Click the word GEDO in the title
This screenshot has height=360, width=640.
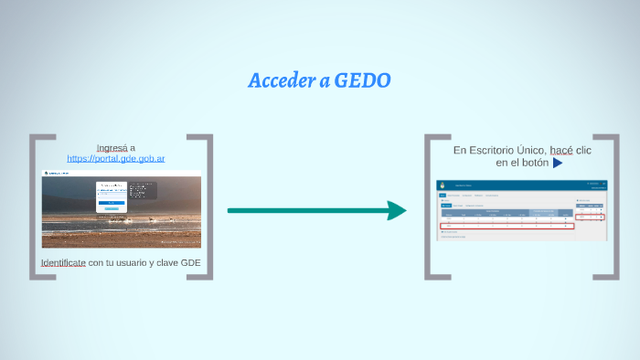pos(363,81)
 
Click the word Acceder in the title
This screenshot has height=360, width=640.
pos(282,81)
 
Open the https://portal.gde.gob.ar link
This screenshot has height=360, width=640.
pos(121,159)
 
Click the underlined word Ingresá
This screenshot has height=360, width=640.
pos(112,147)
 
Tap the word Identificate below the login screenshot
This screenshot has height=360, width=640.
pos(63,263)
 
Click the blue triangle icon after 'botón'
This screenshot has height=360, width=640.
pos(557,163)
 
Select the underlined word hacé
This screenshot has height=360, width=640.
pos(561,150)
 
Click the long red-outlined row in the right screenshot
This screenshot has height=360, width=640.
pos(506,226)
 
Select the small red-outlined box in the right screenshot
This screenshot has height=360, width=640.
pos(590,217)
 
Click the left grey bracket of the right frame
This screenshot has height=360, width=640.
pos(429,206)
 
